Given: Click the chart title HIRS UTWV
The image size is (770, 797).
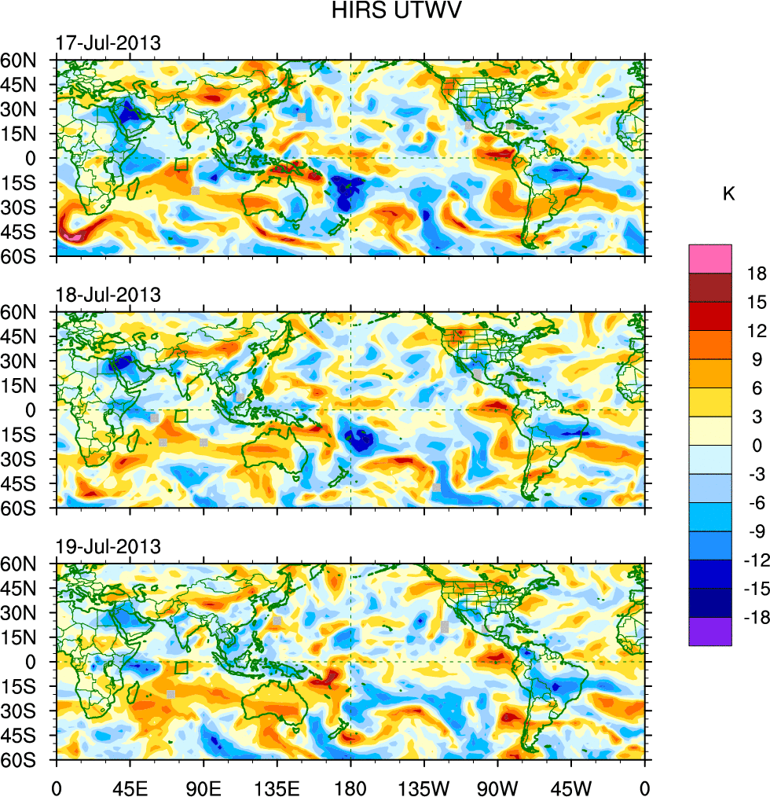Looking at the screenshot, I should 385,11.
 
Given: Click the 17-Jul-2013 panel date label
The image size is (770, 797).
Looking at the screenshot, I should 108,43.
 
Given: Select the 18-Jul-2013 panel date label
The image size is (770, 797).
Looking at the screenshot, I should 108,295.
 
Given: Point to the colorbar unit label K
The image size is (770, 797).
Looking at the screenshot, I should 728,194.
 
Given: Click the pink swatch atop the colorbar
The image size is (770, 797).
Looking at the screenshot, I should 710,259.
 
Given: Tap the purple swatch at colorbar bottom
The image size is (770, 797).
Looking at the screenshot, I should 710,632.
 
